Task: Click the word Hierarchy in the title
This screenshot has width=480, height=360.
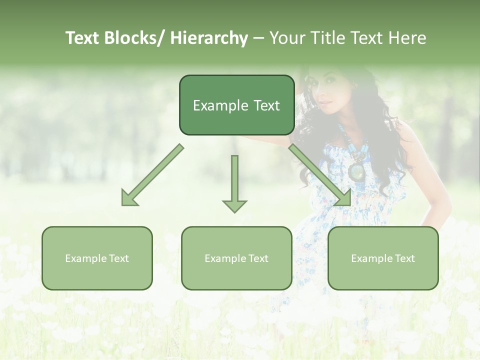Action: [x=209, y=38]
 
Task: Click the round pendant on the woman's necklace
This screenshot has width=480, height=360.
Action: [x=357, y=171]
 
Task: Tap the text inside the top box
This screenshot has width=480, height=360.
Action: [x=236, y=105]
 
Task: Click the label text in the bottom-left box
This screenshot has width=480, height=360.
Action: [x=97, y=258]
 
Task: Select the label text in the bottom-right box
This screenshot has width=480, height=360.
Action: [x=383, y=258]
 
